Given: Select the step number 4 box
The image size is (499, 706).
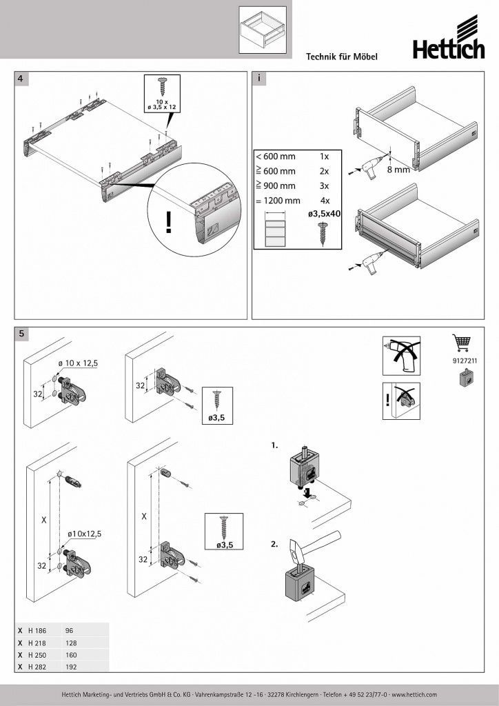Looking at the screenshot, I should pos(22,79).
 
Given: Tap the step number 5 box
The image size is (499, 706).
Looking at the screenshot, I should pos(22,334).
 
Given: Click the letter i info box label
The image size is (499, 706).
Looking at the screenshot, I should pos(259,79).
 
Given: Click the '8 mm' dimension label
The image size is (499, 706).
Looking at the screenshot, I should pos(398,168).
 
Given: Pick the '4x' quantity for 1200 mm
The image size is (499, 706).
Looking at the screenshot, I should pos(325,201).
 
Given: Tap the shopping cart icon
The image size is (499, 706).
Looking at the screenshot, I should pos(460,343).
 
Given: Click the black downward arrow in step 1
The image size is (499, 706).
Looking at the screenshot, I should pos(305,494).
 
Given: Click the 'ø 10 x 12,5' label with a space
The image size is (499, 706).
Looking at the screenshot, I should pos(79,363).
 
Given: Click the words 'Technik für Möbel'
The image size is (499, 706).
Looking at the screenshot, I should pos(342,58).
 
